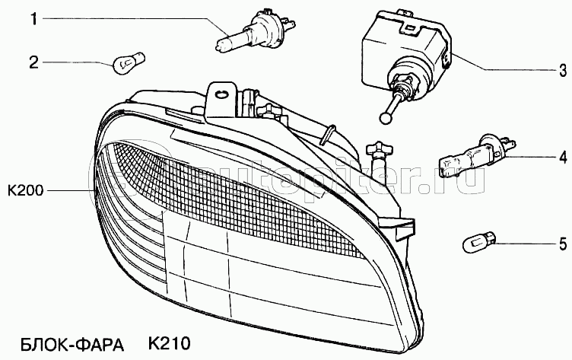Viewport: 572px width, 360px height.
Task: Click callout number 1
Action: (x=34, y=18)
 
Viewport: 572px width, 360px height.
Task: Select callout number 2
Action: (x=33, y=62)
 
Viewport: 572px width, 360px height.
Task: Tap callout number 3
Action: (x=563, y=70)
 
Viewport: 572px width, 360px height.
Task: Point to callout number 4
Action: (x=563, y=157)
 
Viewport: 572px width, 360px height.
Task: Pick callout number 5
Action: (x=563, y=244)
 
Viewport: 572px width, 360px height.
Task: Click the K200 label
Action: (x=26, y=190)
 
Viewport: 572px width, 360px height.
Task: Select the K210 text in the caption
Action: (x=170, y=343)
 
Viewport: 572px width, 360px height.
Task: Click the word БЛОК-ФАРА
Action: (x=72, y=344)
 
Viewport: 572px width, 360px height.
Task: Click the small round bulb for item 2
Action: (x=129, y=62)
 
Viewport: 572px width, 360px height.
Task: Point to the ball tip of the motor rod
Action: (x=385, y=118)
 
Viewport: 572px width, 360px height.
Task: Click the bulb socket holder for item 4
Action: (x=477, y=155)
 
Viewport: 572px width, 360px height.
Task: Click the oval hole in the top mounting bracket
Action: (x=221, y=94)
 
